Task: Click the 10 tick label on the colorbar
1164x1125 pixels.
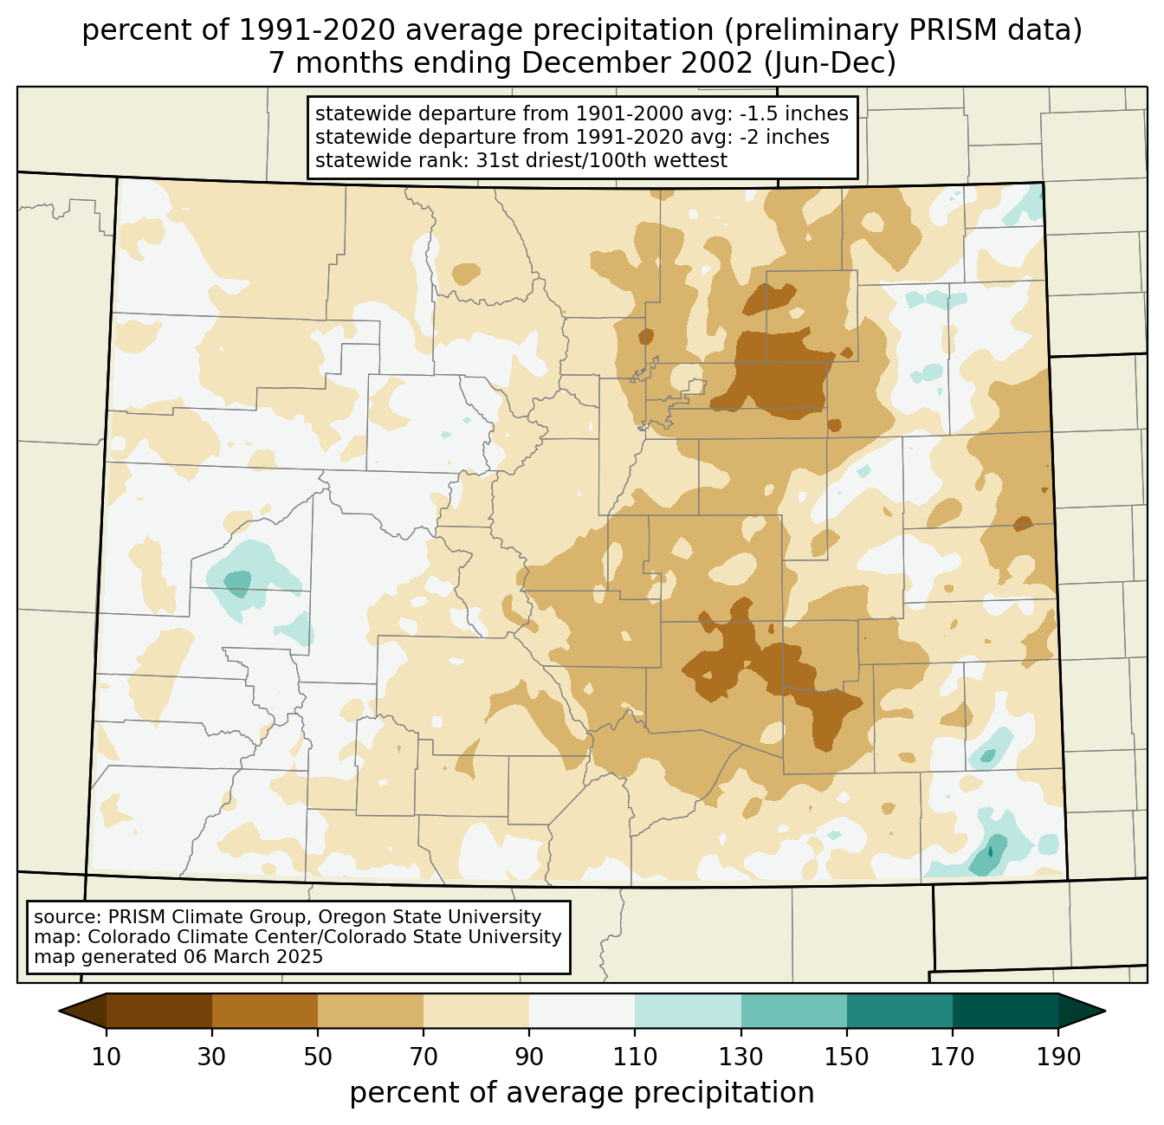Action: pyautogui.click(x=107, y=1057)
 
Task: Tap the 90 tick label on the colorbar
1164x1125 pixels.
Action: pyautogui.click(x=529, y=1057)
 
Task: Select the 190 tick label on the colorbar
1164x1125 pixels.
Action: pyautogui.click(x=1058, y=1057)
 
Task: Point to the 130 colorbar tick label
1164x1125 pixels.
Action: pyautogui.click(x=741, y=1057)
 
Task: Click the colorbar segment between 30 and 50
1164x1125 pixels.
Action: pyautogui.click(x=265, y=1011)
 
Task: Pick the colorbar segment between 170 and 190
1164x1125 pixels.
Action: pyautogui.click(x=1006, y=1011)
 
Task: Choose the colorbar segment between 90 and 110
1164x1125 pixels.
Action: pyautogui.click(x=582, y=1011)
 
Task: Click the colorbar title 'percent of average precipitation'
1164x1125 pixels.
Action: pyautogui.click(x=582, y=1093)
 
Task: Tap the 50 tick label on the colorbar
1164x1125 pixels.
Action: pyautogui.click(x=318, y=1057)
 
